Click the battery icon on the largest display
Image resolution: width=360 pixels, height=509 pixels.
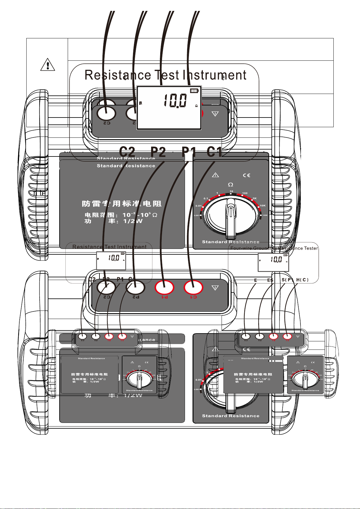[195, 91]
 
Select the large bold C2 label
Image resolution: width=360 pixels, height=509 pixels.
[127, 152]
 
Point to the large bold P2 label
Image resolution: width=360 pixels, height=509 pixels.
[158, 152]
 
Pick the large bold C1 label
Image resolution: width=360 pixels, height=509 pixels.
[214, 152]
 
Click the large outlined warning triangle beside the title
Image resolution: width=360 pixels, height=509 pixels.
[47, 65]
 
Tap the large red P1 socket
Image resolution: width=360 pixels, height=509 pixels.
[164, 287]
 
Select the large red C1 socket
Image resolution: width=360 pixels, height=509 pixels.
[193, 287]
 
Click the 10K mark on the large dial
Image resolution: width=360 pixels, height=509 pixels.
[262, 206]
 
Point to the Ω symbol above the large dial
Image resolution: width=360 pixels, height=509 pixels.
[231, 185]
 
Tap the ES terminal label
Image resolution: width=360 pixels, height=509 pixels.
[270, 280]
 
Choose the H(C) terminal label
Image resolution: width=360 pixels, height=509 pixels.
[302, 280]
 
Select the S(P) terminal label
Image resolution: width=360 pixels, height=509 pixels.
[287, 280]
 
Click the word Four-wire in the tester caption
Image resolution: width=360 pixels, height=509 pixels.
[241, 248]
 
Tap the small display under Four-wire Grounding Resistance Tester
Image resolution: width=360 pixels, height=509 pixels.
[273, 262]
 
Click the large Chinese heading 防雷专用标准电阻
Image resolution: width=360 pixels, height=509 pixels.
[122, 204]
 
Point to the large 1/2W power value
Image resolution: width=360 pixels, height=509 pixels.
[133, 221]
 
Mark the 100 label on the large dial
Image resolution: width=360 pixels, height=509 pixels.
[245, 193]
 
